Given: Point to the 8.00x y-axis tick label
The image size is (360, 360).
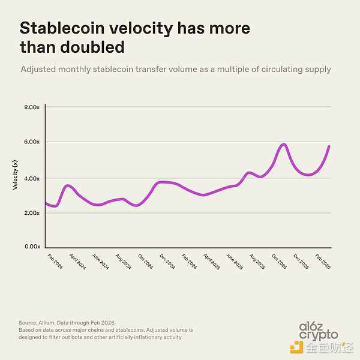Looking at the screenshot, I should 31,107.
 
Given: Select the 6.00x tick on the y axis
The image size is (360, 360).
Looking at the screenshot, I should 31,142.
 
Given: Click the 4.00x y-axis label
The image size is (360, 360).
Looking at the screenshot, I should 31,178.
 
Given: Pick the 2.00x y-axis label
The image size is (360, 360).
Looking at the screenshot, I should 31,213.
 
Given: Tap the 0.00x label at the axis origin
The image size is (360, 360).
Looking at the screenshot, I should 31,247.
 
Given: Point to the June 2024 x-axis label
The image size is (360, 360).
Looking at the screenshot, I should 100,262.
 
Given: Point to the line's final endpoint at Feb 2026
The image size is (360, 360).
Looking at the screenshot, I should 329,146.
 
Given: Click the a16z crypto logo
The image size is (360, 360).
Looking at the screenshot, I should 318,331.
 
